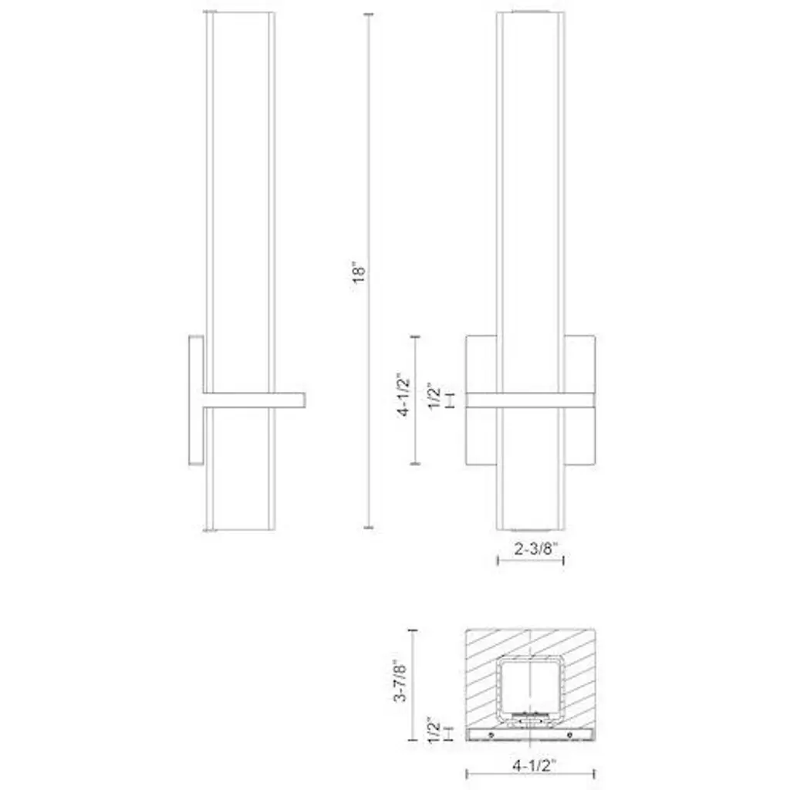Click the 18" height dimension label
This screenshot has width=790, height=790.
[359, 272]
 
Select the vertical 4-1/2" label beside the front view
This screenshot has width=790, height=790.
[404, 395]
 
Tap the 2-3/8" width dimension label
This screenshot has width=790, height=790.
[537, 549]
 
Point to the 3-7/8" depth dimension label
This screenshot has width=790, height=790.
[400, 681]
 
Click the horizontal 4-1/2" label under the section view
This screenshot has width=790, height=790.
[534, 766]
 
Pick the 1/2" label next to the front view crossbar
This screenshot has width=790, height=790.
[434, 397]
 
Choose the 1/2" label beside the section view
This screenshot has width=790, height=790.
[434, 730]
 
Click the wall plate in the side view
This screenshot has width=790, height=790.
[197, 400]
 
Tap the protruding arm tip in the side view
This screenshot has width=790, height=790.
[304, 400]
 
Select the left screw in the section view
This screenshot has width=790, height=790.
[491, 735]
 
